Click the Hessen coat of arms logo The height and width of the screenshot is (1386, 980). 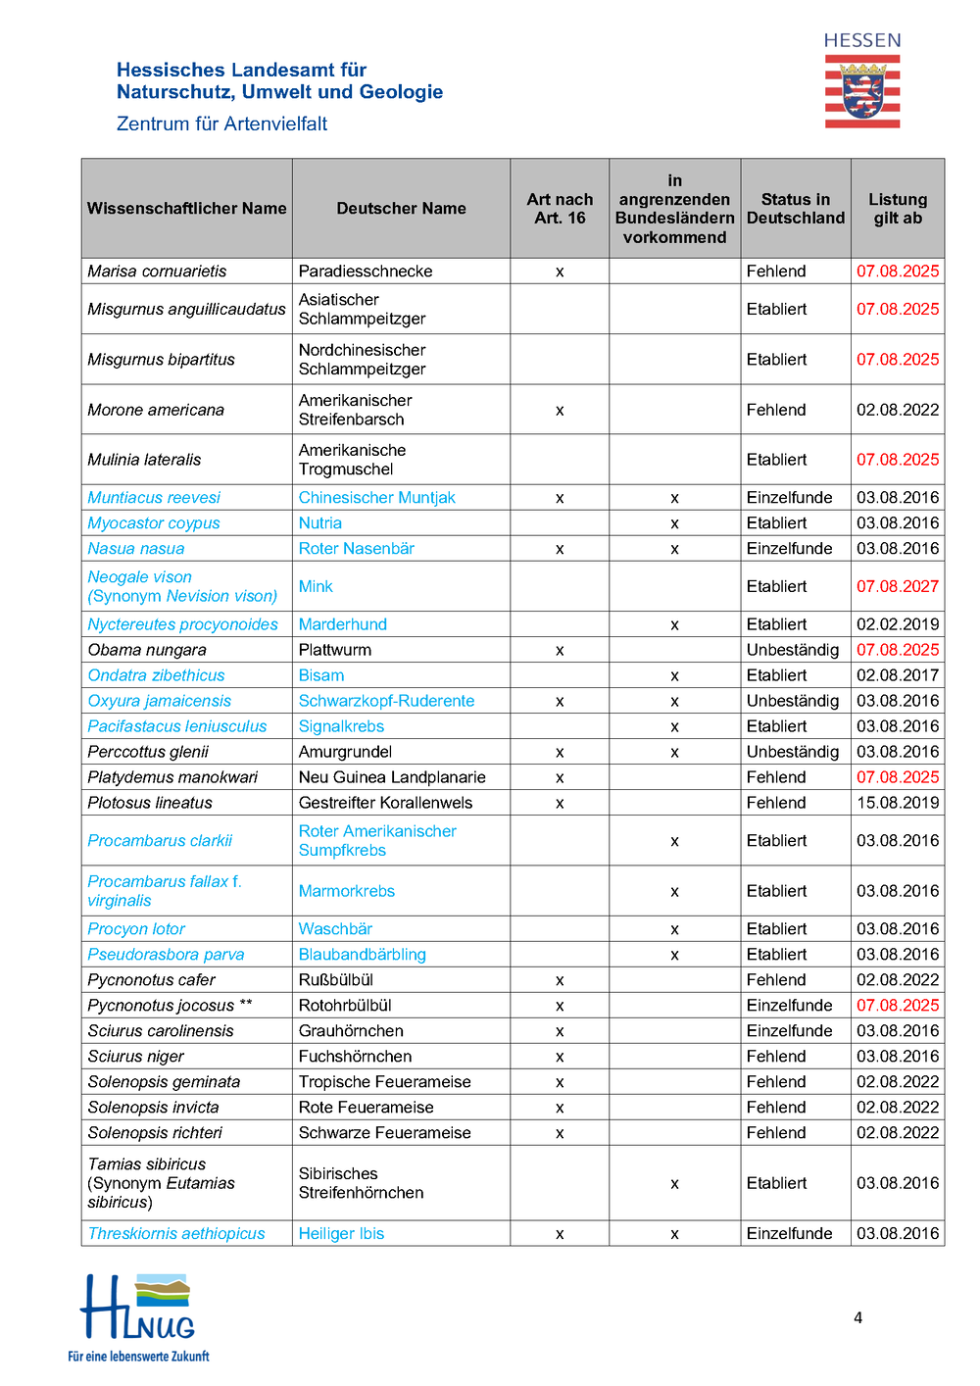(x=861, y=91)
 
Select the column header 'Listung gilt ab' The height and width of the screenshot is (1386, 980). (x=897, y=209)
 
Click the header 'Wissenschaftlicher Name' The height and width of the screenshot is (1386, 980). (x=186, y=209)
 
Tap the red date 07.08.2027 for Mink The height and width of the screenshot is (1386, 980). (x=897, y=586)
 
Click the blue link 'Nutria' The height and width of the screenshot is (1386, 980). (x=320, y=523)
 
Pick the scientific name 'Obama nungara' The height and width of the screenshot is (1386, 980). (x=147, y=650)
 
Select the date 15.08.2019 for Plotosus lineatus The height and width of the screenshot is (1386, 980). (x=897, y=803)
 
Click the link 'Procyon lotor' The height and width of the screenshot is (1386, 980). (x=136, y=929)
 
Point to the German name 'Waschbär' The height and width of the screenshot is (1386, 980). (x=335, y=929)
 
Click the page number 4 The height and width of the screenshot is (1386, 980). (x=857, y=1317)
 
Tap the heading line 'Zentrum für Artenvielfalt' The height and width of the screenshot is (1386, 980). (x=221, y=124)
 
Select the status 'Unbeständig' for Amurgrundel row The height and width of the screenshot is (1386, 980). (x=792, y=752)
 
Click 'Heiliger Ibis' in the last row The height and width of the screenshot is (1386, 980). (x=341, y=1234)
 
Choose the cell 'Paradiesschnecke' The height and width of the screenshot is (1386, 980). (x=365, y=272)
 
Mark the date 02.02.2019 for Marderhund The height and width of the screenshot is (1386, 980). (x=897, y=624)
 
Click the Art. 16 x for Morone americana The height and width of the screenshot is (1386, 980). (x=560, y=411)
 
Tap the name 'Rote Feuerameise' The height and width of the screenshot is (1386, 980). (x=366, y=1108)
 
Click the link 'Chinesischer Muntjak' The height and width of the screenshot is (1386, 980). (x=376, y=498)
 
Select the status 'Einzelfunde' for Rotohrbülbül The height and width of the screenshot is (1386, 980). (x=789, y=1006)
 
